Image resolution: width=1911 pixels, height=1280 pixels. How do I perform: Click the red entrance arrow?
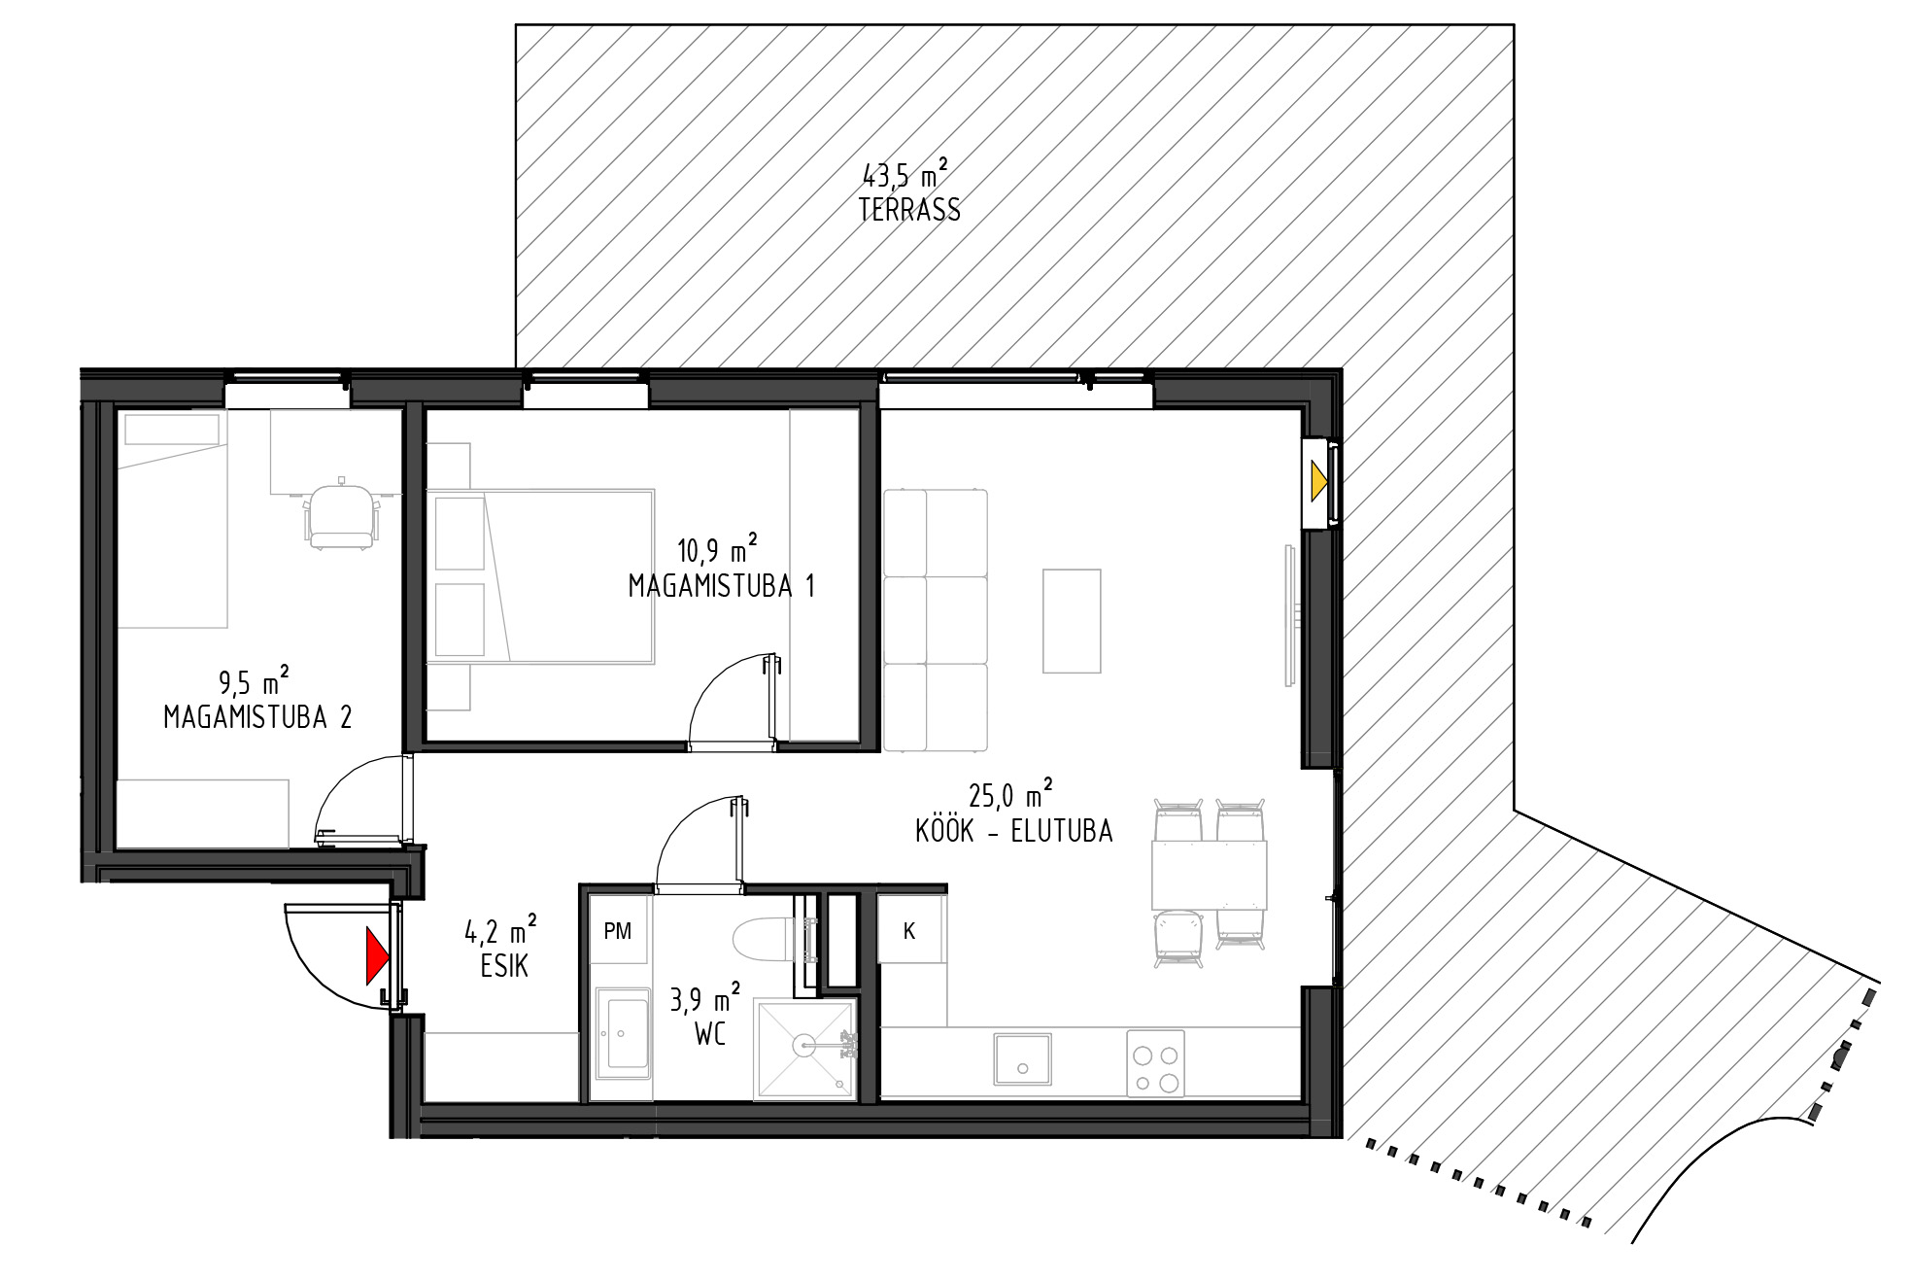(x=377, y=956)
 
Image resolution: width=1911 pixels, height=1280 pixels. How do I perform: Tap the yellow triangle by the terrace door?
(x=1318, y=481)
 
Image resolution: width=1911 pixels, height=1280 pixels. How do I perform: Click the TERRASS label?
(x=909, y=210)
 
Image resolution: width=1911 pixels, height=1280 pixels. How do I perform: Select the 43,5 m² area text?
(x=905, y=175)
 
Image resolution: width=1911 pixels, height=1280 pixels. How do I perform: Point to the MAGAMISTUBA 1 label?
(x=721, y=586)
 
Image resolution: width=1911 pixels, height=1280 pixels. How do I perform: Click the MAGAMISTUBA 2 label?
(x=257, y=717)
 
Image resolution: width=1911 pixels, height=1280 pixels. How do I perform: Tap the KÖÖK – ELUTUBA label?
(x=1013, y=831)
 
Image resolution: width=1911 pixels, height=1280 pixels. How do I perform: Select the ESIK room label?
(x=504, y=966)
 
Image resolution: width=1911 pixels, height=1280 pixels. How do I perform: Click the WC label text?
(x=710, y=1034)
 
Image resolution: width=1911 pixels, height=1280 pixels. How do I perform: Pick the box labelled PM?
(x=618, y=930)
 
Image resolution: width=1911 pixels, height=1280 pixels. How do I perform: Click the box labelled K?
(x=910, y=930)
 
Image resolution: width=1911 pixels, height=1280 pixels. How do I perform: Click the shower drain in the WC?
(x=803, y=1046)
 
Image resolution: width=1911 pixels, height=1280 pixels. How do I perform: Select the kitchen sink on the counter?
(x=1022, y=1058)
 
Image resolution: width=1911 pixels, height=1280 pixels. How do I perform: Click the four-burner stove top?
(x=1156, y=1064)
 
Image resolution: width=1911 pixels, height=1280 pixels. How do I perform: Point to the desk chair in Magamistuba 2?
(x=341, y=515)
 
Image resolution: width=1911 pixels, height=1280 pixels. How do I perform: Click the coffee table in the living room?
(x=1072, y=621)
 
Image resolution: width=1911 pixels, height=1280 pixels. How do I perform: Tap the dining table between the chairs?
(x=1210, y=875)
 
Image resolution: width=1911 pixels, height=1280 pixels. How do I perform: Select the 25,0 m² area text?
(x=1011, y=795)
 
